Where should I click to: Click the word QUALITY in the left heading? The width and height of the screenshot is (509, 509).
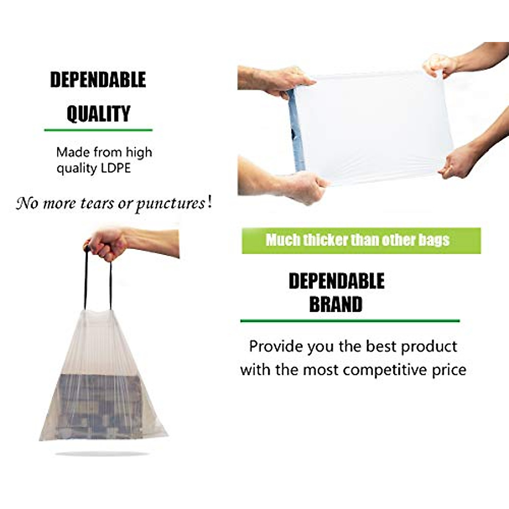click(98, 114)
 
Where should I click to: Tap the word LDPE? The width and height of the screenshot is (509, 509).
click(116, 168)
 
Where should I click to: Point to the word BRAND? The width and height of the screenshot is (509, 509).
click(336, 304)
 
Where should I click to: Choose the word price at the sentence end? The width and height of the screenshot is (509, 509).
click(449, 369)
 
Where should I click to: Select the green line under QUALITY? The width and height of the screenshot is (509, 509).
click(98, 130)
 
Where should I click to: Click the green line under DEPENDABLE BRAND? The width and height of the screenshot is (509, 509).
click(350, 321)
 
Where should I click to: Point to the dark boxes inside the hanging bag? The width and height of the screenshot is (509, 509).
click(100, 405)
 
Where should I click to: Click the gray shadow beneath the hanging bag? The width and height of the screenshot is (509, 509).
click(102, 454)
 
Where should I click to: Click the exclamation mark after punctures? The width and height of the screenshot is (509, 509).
click(208, 203)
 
